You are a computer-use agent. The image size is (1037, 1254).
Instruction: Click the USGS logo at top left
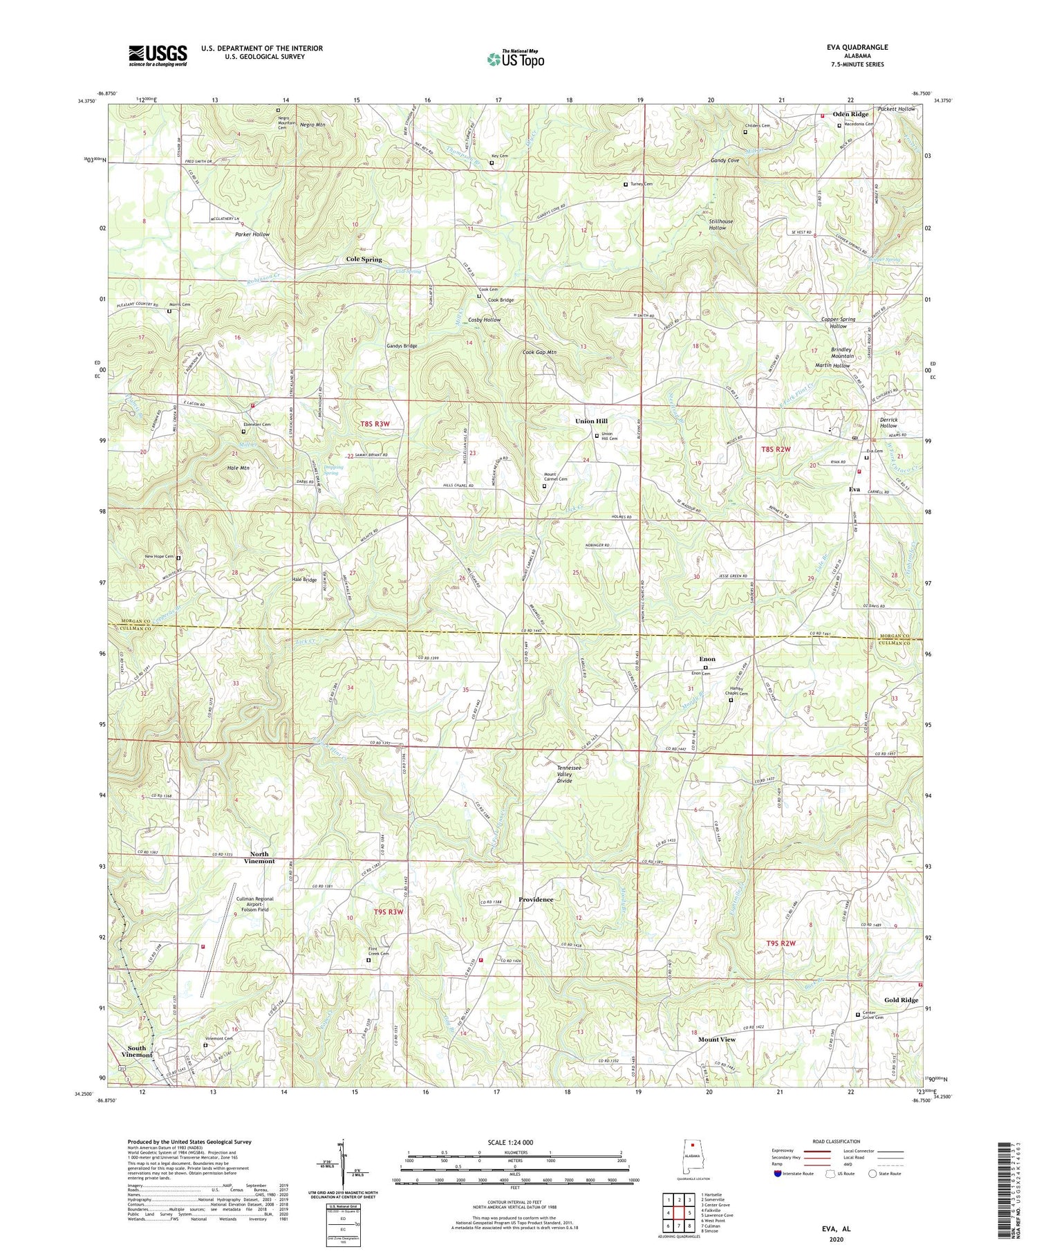(158, 55)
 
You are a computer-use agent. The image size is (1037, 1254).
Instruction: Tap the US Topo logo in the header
(515, 59)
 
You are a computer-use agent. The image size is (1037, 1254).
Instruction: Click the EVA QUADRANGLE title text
(854, 47)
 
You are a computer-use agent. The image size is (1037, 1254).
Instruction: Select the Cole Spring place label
(364, 259)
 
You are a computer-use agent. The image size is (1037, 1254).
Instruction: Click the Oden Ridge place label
(850, 114)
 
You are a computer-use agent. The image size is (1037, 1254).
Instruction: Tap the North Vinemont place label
(258, 858)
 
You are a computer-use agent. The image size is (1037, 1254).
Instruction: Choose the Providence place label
(536, 899)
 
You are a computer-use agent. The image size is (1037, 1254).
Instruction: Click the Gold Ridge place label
(901, 1000)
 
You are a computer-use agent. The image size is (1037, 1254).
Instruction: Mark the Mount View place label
(717, 1040)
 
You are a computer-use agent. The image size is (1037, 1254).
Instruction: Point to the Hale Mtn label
(239, 468)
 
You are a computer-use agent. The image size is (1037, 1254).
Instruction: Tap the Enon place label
(707, 659)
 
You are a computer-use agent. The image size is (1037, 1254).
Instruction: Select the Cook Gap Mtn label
(539, 352)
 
